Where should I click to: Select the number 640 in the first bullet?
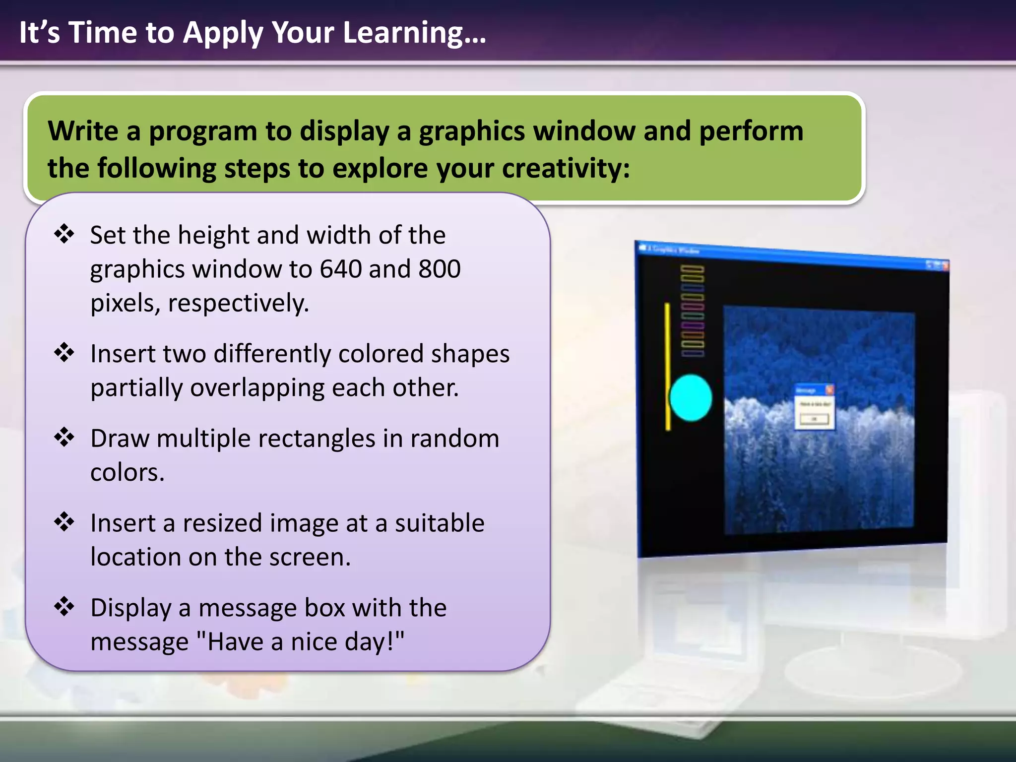coord(340,269)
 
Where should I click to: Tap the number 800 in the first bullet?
coord(440,269)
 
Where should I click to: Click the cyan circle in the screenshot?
coord(690,398)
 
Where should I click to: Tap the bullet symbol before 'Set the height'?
coord(64,234)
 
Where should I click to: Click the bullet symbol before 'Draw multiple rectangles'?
coord(64,438)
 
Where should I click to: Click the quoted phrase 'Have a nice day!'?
coord(301,641)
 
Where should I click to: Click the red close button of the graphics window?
coord(945,266)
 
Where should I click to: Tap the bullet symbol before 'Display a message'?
coord(64,606)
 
